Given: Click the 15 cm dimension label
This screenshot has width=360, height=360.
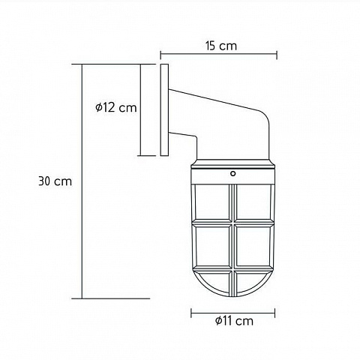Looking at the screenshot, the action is (x=221, y=46).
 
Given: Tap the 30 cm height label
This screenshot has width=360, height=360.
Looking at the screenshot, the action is (x=55, y=181).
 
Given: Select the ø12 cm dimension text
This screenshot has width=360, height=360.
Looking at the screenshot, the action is (x=116, y=107).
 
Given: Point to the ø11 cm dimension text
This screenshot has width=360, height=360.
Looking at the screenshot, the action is (x=234, y=321).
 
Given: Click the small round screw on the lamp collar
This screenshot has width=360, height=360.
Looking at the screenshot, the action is (x=233, y=173).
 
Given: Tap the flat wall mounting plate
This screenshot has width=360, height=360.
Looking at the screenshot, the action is (x=164, y=110).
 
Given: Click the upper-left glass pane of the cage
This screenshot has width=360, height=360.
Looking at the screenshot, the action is (x=212, y=202).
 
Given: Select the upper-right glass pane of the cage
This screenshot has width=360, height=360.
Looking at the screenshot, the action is (x=253, y=202).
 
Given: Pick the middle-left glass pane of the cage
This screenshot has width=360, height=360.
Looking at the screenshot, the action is (x=212, y=246).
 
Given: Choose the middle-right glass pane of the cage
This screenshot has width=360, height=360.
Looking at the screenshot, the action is (x=253, y=246).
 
